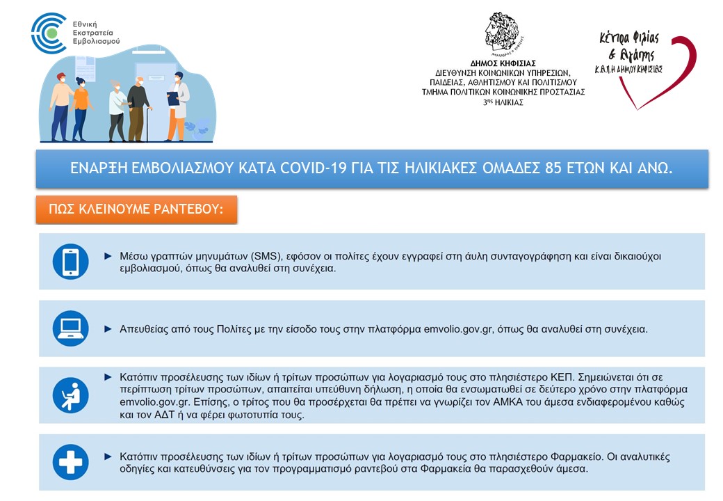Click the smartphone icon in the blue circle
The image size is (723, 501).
click(70, 262)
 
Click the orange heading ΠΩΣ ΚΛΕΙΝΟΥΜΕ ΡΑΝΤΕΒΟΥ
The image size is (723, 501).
click(136, 209)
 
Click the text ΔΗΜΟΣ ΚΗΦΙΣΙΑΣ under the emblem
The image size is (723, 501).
click(503, 63)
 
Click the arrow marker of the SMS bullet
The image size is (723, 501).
click(108, 256)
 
